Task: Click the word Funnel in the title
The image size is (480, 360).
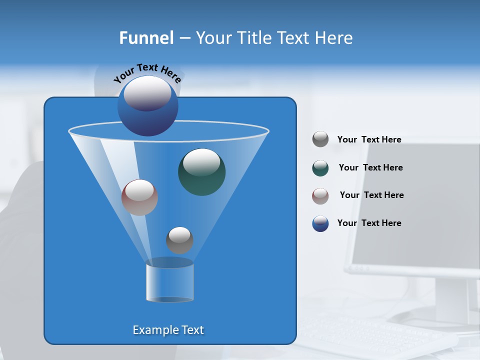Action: (146, 38)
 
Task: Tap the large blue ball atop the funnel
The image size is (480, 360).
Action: (147, 106)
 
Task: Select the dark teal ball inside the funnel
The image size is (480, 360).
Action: (201, 171)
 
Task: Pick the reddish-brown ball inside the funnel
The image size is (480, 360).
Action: (139, 197)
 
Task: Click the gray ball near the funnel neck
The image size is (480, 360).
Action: (179, 240)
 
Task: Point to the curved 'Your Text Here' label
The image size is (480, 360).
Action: (147, 72)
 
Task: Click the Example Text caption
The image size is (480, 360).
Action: (168, 330)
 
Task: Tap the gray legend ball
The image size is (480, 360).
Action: (320, 139)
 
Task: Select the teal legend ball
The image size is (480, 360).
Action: (320, 168)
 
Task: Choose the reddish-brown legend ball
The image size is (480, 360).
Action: (320, 195)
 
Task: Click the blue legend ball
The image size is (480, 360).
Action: (320, 223)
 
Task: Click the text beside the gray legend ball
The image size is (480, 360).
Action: (369, 139)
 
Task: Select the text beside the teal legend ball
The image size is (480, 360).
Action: (370, 167)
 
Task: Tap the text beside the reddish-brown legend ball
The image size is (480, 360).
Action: (371, 195)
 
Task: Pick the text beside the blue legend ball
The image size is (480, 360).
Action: (369, 223)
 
